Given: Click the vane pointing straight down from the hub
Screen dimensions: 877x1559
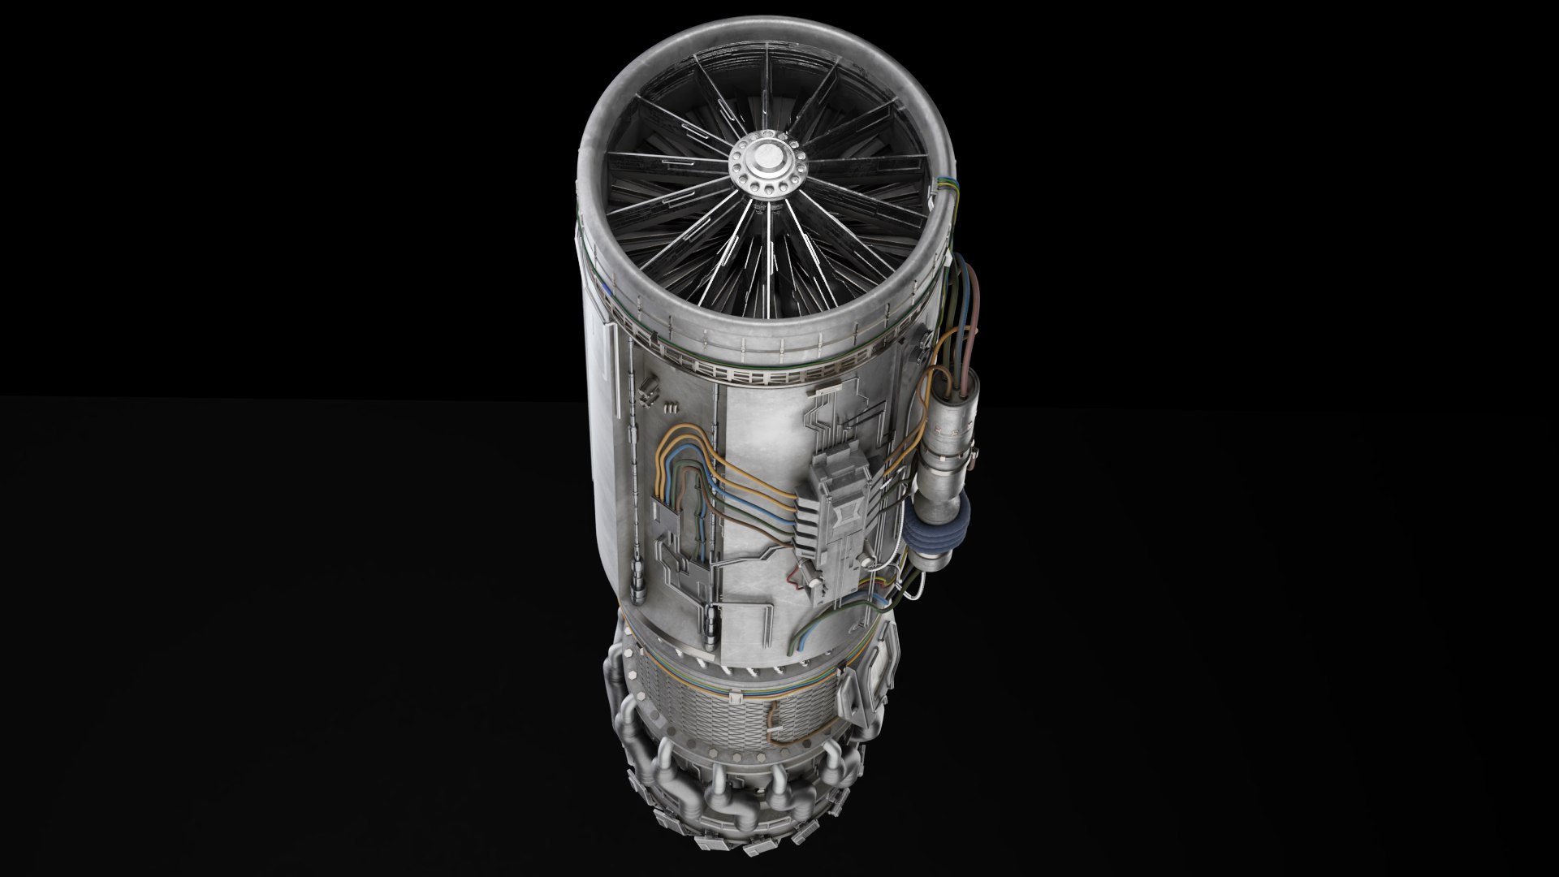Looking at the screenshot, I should pos(767,268).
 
